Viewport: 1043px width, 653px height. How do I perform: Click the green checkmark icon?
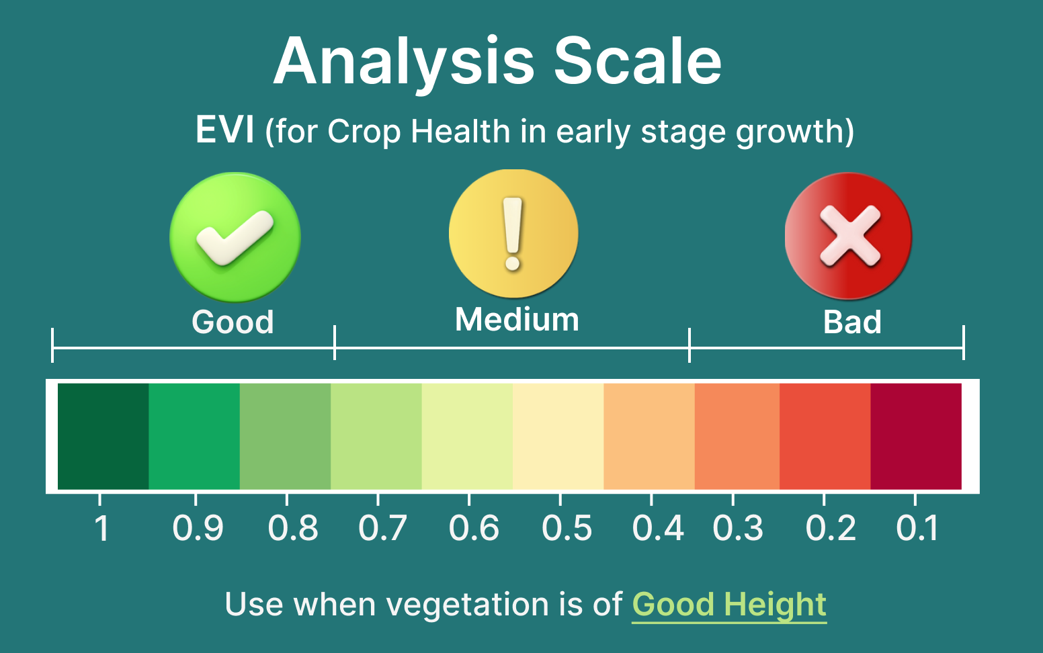pyautogui.click(x=235, y=237)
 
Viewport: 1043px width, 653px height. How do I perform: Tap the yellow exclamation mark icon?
pyautogui.click(x=513, y=233)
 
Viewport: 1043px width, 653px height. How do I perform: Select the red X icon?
pyautogui.click(x=848, y=236)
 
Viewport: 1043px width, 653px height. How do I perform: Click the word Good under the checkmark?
pyautogui.click(x=233, y=322)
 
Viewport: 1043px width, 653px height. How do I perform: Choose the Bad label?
pyautogui.click(x=852, y=322)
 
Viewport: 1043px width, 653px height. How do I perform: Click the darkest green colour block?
pyautogui.click(x=103, y=436)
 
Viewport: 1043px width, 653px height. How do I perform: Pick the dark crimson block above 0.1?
pyautogui.click(x=916, y=436)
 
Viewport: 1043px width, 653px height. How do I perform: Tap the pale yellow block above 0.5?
pyautogui.click(x=558, y=436)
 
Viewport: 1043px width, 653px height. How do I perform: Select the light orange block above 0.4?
pyautogui.click(x=649, y=436)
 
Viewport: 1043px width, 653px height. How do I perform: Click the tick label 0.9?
pyautogui.click(x=198, y=528)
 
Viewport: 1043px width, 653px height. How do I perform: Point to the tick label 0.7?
pyautogui.click(x=383, y=528)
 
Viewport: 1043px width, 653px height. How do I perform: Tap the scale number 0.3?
pyautogui.click(x=738, y=528)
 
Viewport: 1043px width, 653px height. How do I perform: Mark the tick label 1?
pyautogui.click(x=101, y=528)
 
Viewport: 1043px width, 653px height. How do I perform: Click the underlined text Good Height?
pyautogui.click(x=729, y=605)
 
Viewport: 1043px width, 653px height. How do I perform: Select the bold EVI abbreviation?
pyautogui.click(x=225, y=130)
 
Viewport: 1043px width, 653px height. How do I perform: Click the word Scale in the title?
pyautogui.click(x=638, y=61)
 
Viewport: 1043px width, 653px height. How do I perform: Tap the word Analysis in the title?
pyautogui.click(x=403, y=64)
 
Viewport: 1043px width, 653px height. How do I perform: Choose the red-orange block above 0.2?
pyautogui.click(x=825, y=436)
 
